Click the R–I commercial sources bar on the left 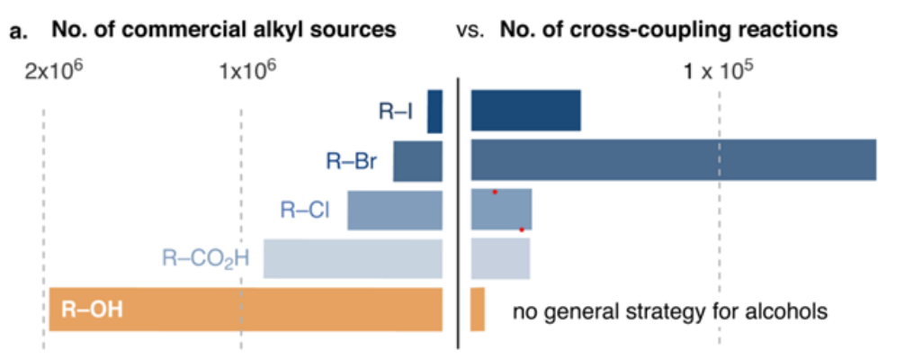click(x=435, y=112)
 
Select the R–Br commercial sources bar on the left click(x=417, y=162)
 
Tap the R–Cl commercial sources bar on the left click(x=395, y=211)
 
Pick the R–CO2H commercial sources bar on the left click(x=353, y=258)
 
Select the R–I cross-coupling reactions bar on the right click(x=525, y=112)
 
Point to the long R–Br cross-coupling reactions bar click(x=673, y=160)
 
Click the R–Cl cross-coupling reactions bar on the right click(x=501, y=210)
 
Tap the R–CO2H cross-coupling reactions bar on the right click(x=500, y=258)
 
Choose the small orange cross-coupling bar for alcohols click(x=478, y=310)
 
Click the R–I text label click(x=395, y=112)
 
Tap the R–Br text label click(x=351, y=163)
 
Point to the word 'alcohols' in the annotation click(x=785, y=312)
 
